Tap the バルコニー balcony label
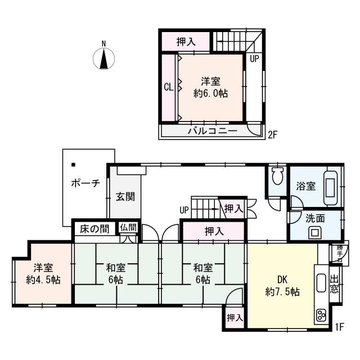pos(211,131)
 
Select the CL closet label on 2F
pos(168,87)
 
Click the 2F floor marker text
pos(273,135)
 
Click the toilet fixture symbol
pos(276,177)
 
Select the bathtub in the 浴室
pos(331,185)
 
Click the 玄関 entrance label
pos(124,197)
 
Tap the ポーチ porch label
pos(85,183)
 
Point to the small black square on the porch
pos(73,165)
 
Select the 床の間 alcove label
pos(94,228)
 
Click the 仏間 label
pos(128,227)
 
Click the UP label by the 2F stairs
pos(254,58)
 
